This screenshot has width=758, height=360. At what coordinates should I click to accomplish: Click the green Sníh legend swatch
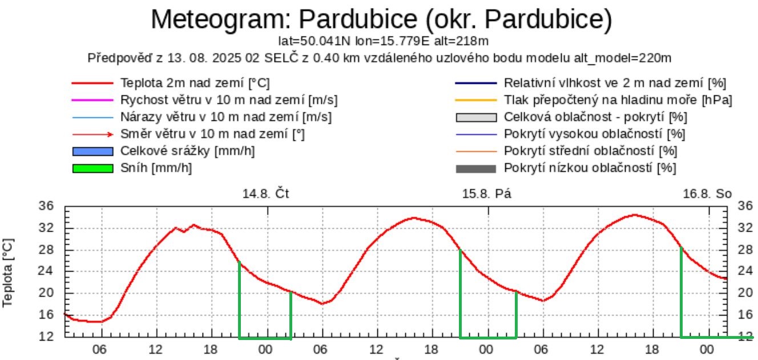pyautogui.click(x=92, y=169)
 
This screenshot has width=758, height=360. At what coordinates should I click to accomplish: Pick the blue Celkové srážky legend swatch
pyautogui.click(x=92, y=152)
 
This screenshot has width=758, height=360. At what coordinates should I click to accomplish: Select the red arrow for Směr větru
pyautogui.click(x=92, y=135)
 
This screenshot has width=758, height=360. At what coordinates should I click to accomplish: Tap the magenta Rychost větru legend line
pyautogui.click(x=92, y=100)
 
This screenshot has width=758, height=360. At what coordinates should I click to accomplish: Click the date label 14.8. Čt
pyautogui.click(x=266, y=193)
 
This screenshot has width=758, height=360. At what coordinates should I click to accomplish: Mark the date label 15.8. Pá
pyautogui.click(x=486, y=193)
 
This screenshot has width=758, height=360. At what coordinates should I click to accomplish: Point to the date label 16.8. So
pyautogui.click(x=707, y=193)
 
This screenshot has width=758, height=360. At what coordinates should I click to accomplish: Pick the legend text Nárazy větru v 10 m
pyautogui.click(x=226, y=118)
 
